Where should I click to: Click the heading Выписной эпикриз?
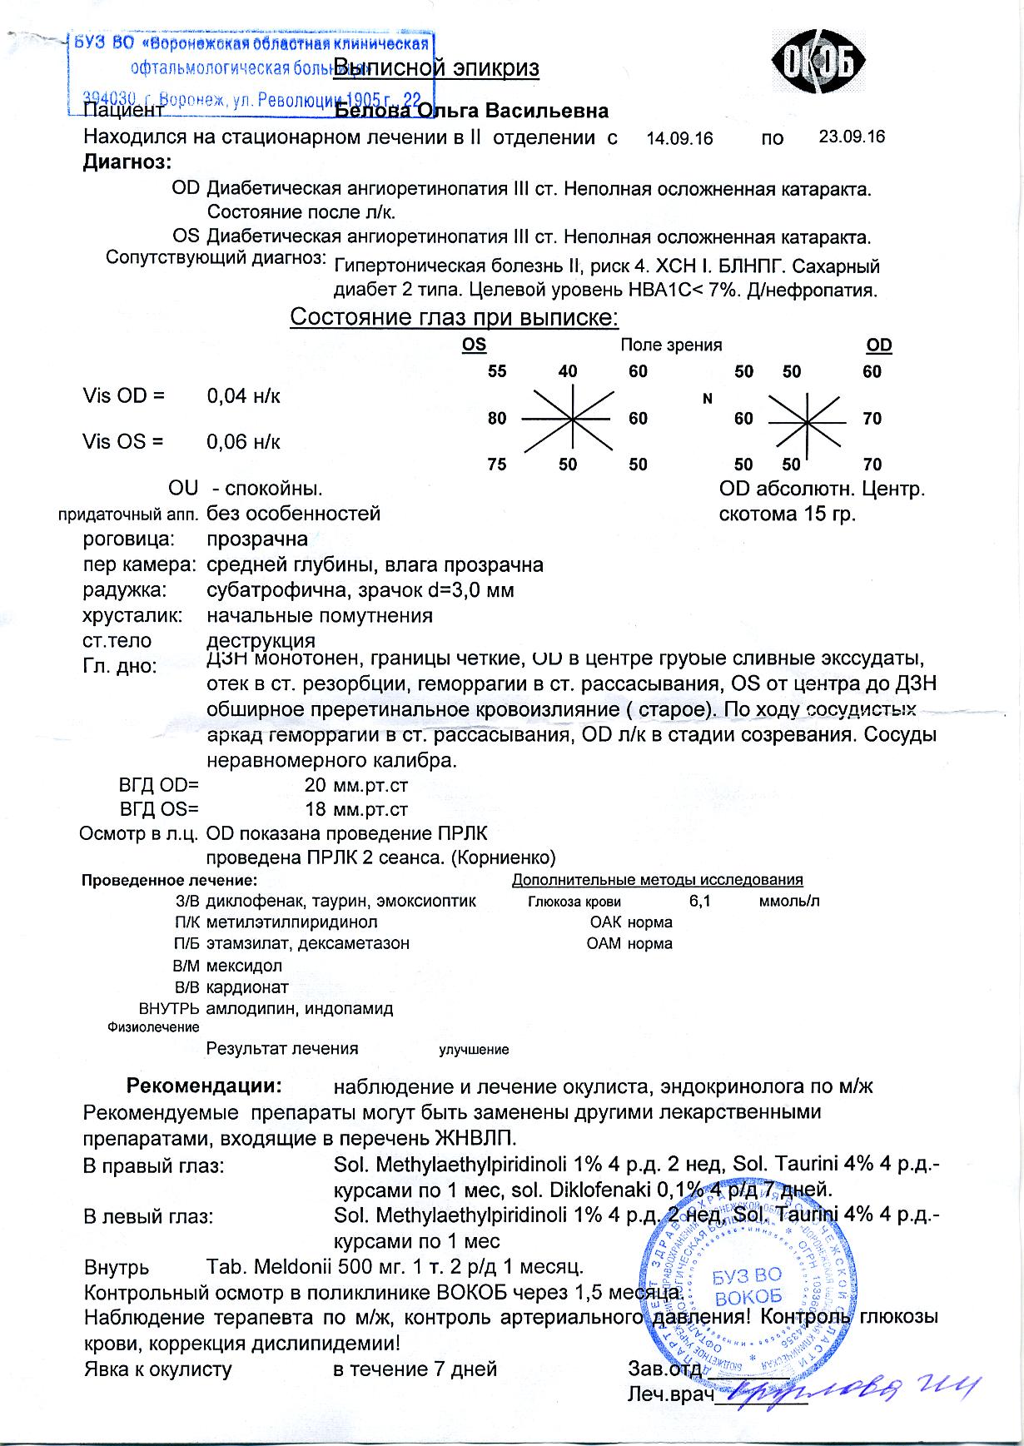[436, 68]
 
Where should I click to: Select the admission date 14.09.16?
[679, 139]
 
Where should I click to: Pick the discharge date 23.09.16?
[852, 137]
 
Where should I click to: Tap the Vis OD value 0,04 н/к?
[243, 396]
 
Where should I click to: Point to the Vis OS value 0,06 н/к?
[243, 442]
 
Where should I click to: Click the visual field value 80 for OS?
[497, 418]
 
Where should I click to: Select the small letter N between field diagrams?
[708, 399]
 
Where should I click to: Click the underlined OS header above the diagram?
[474, 345]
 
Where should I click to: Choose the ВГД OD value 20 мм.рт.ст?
[356, 784]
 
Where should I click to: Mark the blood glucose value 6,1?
[699, 901]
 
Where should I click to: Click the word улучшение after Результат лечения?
[474, 1050]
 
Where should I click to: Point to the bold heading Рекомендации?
[204, 1086]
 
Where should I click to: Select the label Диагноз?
[127, 162]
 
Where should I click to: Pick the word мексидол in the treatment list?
[244, 966]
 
